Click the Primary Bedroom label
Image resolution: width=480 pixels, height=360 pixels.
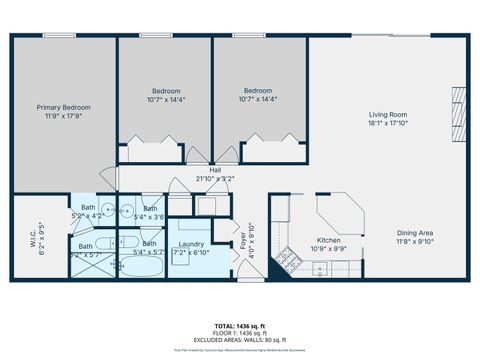[x=64, y=107]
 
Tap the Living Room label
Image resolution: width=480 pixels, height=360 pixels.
[x=388, y=115]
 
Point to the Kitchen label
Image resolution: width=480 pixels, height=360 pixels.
[x=330, y=240]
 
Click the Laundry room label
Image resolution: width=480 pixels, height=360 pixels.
[x=191, y=244]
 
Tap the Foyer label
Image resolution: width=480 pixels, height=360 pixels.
[x=241, y=238]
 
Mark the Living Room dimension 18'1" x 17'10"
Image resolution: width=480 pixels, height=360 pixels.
[x=388, y=123]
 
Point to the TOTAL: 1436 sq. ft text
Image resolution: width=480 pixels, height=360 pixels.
[x=240, y=326]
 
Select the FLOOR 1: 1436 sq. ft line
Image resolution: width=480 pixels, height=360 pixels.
[x=240, y=332]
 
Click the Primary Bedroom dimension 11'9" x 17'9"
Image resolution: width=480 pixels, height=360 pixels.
[x=64, y=115]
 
